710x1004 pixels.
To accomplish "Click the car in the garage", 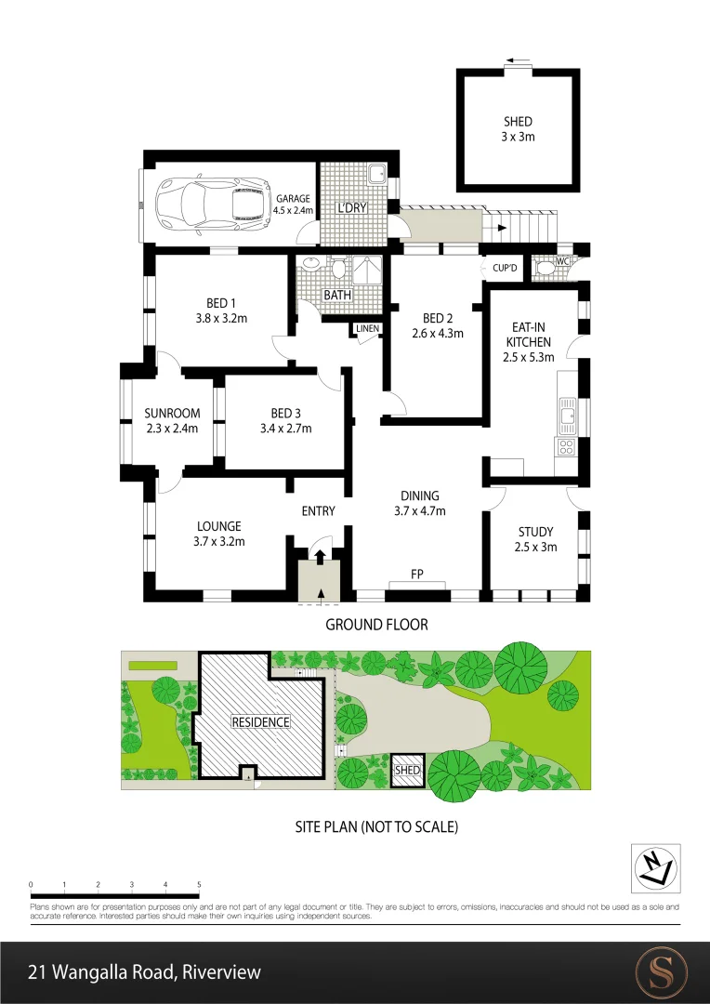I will pyautogui.click(x=211, y=204).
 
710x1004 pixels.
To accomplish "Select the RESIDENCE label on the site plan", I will pyautogui.click(x=261, y=721).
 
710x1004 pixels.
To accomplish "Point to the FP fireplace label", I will pyautogui.click(x=417, y=575).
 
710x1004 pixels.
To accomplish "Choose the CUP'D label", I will pyautogui.click(x=505, y=268).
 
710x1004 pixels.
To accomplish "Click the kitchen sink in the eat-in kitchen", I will pyautogui.click(x=567, y=412).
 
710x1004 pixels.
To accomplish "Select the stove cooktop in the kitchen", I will pyautogui.click(x=566, y=447).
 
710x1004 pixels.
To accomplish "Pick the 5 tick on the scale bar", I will pyautogui.click(x=199, y=883).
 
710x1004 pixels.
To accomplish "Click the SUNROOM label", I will pyautogui.click(x=172, y=414).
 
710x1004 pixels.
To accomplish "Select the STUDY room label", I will pyautogui.click(x=536, y=532).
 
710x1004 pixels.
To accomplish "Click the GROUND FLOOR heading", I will pyautogui.click(x=376, y=624).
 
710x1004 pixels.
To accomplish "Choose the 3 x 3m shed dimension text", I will pyautogui.click(x=519, y=136).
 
